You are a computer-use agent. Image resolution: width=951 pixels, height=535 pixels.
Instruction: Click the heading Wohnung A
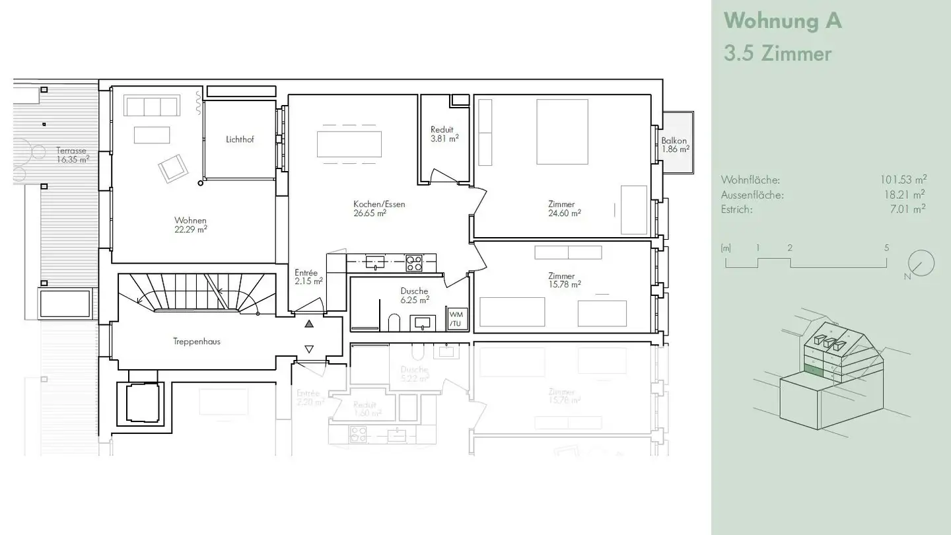tap(783, 21)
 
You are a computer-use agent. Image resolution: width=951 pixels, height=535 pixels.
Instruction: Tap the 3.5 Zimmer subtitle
tap(777, 54)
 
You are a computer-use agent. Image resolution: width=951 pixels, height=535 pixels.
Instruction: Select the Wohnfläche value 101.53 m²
tap(903, 180)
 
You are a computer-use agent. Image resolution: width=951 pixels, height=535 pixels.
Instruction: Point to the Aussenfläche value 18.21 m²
tap(905, 194)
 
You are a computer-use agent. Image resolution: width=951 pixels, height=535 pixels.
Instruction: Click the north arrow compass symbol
tap(921, 264)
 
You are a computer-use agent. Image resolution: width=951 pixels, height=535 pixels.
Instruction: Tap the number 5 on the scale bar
tap(886, 248)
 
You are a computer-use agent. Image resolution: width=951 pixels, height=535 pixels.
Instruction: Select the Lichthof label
tap(239, 139)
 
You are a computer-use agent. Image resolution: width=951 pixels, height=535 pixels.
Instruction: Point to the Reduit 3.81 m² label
tap(444, 134)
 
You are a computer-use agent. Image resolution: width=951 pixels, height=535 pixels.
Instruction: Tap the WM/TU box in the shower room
tap(456, 318)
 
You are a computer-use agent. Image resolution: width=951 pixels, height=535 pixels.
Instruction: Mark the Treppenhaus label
tap(197, 341)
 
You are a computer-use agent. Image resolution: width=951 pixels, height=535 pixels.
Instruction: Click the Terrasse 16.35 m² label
tap(71, 155)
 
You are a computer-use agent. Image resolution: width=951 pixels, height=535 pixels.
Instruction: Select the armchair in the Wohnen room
tap(173, 168)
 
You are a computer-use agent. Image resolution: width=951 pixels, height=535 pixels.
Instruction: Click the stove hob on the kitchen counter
tap(414, 263)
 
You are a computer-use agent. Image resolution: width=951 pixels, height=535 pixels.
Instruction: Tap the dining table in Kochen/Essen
tap(349, 144)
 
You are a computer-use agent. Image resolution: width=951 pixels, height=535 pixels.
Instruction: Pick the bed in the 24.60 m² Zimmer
tap(562, 131)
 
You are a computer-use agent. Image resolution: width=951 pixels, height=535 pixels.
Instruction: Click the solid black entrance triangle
tap(309, 324)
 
